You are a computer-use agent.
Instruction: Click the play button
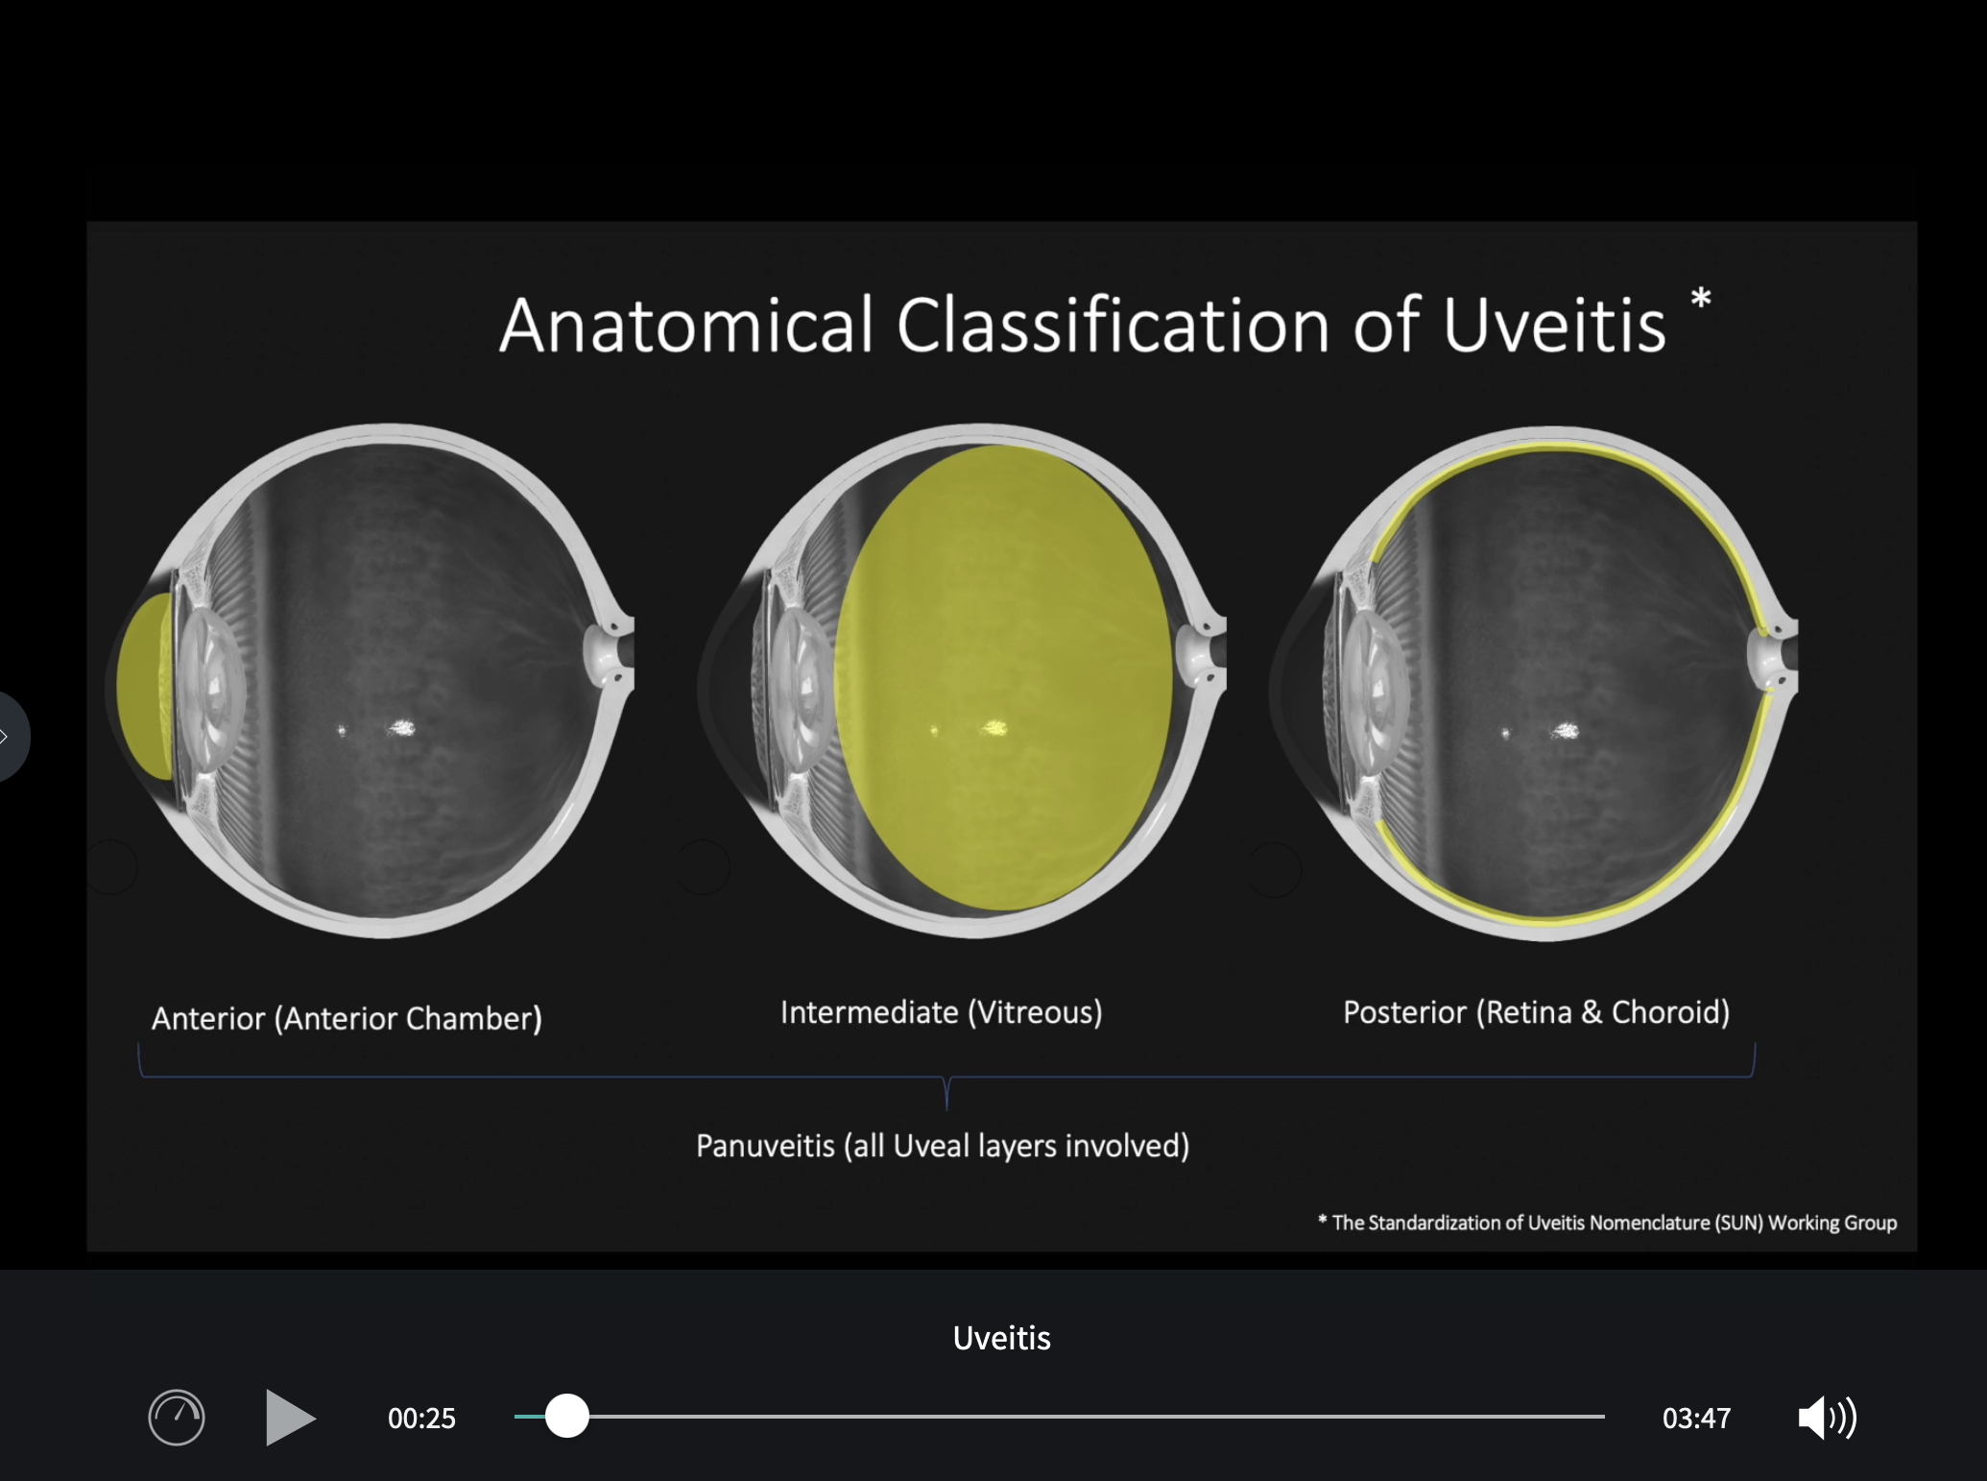[x=290, y=1417]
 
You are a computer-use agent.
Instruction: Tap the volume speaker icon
[x=1827, y=1418]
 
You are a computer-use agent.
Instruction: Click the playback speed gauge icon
[x=177, y=1418]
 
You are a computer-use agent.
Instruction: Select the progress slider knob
[x=567, y=1416]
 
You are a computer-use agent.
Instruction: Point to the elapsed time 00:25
[x=421, y=1419]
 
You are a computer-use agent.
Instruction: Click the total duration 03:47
[x=1696, y=1419]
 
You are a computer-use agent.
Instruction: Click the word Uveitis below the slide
[x=1001, y=1338]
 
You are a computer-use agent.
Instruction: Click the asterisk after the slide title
[x=1700, y=298]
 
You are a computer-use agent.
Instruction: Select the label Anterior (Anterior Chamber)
[x=347, y=1018]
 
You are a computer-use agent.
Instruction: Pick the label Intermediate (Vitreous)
[x=941, y=1012]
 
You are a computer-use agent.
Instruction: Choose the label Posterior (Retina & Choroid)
[x=1536, y=1012]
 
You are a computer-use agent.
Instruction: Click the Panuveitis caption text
[x=943, y=1146]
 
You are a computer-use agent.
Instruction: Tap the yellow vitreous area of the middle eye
[x=1003, y=678]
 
